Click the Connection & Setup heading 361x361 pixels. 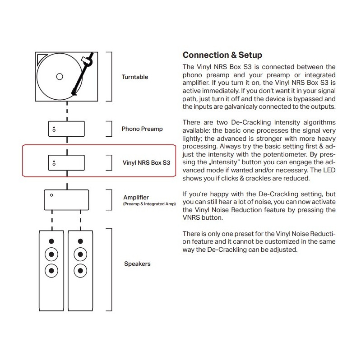[x=222, y=55]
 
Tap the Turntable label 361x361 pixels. [x=134, y=77]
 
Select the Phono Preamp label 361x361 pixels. [x=142, y=129]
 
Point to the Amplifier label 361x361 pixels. [x=136, y=198]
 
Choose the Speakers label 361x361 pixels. [x=137, y=264]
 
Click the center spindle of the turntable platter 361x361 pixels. [x=59, y=77]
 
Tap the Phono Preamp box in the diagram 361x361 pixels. [x=67, y=129]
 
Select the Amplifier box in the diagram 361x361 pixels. [x=66, y=199]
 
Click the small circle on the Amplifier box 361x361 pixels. [x=52, y=195]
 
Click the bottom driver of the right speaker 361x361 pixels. [x=81, y=271]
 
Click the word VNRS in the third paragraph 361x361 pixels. [x=192, y=217]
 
